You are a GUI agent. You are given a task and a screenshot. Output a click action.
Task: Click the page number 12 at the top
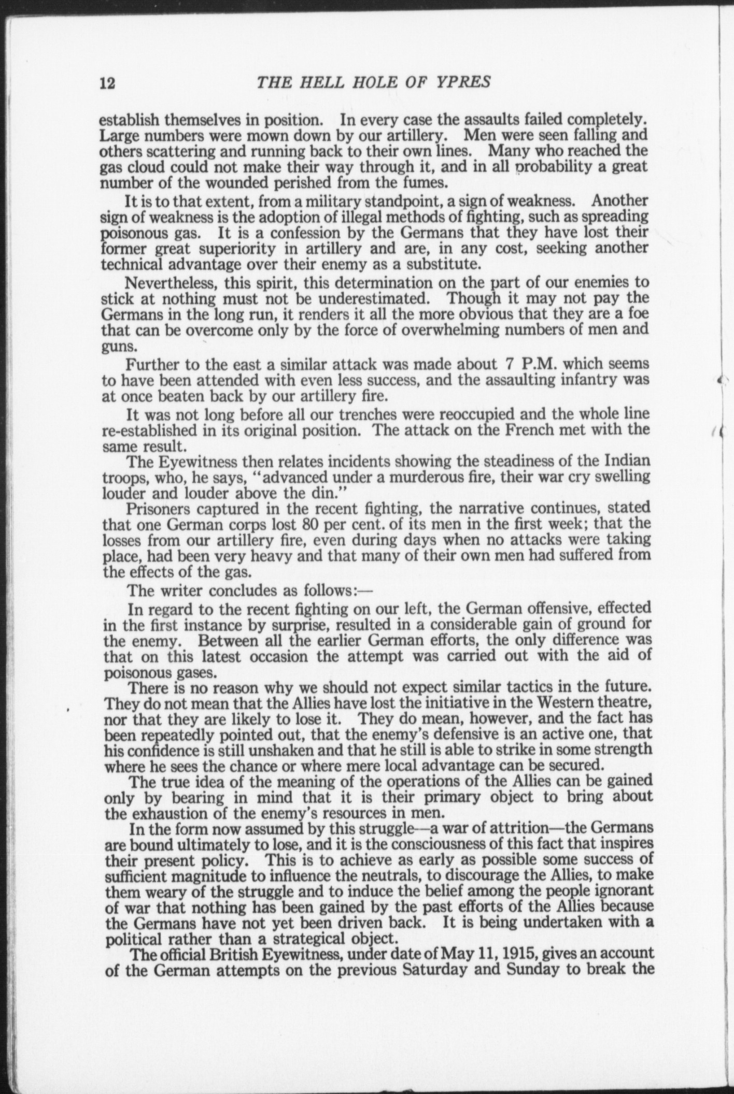(x=107, y=83)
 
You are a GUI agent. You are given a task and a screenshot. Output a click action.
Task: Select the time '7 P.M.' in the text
(x=526, y=364)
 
